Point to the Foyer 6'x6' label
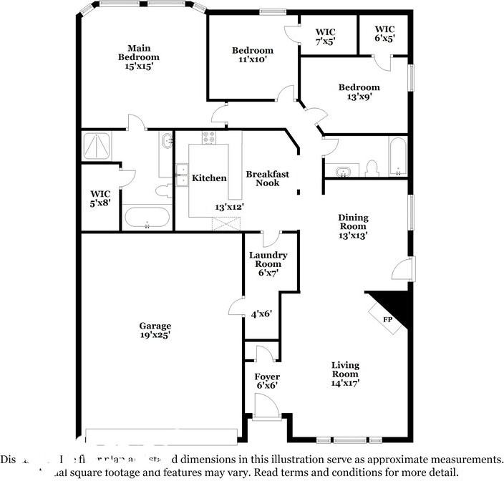[x=267, y=381]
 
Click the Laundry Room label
[x=268, y=263]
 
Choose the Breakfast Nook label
[x=267, y=178]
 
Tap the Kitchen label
[x=209, y=178]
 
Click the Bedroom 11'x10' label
[x=252, y=55]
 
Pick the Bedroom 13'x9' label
[x=359, y=92]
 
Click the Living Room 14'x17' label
[x=345, y=374]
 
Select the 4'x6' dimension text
[x=261, y=314]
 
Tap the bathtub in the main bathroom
[x=147, y=218]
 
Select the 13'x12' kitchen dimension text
[x=230, y=207]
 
